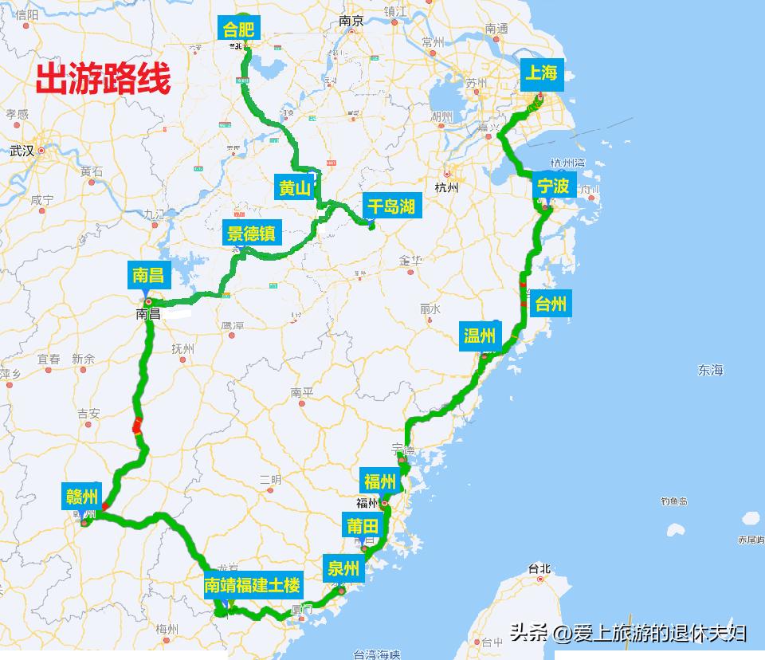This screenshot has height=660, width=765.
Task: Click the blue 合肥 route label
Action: pos(238,29)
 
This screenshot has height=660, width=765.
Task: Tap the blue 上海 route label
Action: pos(541,74)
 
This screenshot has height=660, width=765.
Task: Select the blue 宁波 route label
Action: pos(553,187)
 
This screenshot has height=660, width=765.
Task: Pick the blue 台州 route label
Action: pos(551,304)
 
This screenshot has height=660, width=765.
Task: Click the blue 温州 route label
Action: pos(480,336)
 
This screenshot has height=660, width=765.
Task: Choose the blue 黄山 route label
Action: pos(294,188)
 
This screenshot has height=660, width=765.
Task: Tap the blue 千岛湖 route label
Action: pos(391,207)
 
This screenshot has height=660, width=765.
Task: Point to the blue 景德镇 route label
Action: pos(251,234)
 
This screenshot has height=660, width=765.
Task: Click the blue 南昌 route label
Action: pos(148,276)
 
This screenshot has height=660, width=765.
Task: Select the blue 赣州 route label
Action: pos(82,497)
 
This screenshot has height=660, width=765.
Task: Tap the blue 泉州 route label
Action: pos(344,569)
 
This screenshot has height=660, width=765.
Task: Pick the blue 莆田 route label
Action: pos(363,526)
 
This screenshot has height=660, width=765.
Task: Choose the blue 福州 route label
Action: pos(380,481)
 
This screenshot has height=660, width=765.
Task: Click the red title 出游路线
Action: pos(103,81)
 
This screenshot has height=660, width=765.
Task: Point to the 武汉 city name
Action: pos(22,151)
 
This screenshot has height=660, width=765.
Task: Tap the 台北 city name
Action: pos(539,568)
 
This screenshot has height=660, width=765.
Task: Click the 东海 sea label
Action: pos(710,370)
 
